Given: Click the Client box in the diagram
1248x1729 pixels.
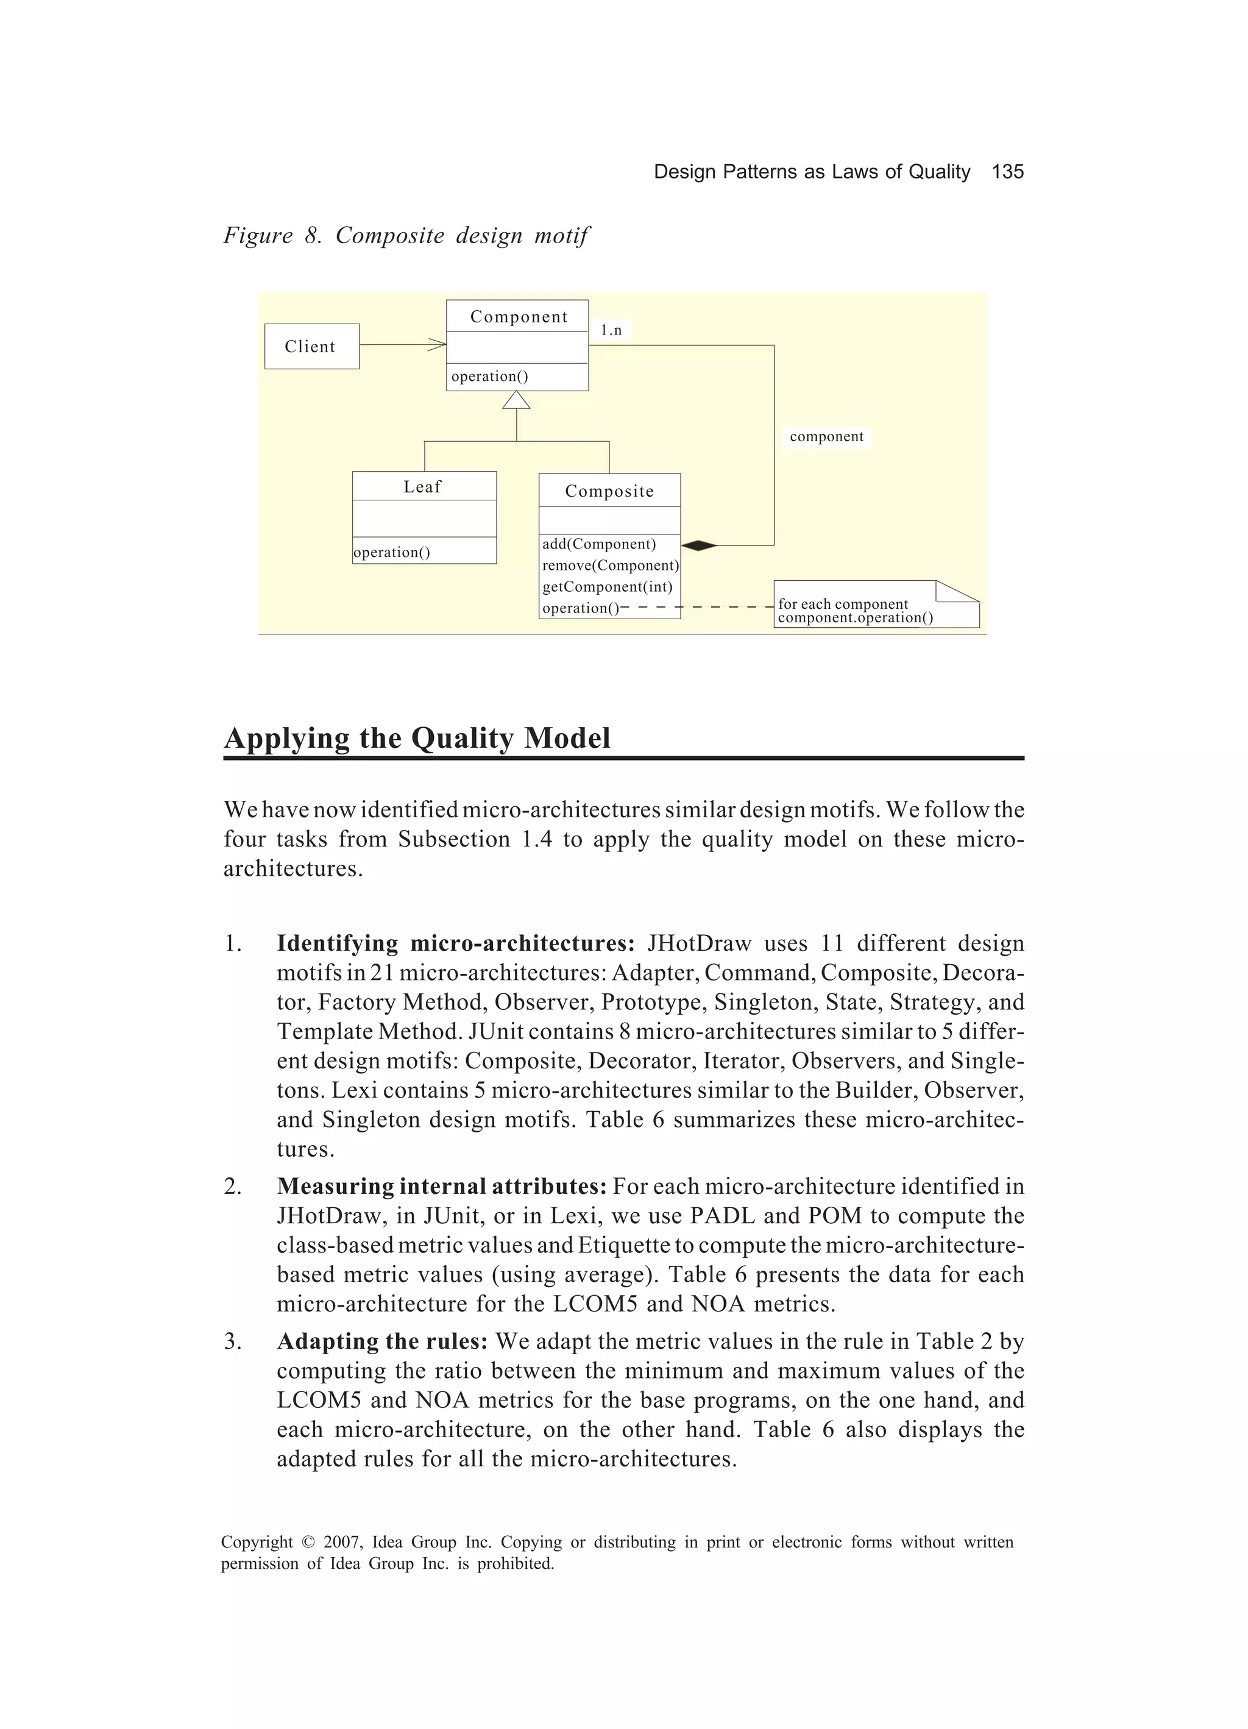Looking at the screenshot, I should coord(311,346).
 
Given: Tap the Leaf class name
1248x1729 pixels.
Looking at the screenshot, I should coord(422,486).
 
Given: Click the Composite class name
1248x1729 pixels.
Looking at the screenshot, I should coord(609,491).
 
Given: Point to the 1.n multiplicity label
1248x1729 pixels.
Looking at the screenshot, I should coord(611,330).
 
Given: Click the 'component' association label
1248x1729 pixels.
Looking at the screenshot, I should coord(826,437).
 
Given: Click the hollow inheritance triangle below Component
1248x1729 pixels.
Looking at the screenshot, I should coord(516,400).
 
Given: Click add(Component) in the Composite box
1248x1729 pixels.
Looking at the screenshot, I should coord(598,544).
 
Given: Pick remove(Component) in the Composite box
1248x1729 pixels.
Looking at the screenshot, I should coord(610,566).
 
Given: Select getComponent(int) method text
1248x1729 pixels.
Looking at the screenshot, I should coord(607,587).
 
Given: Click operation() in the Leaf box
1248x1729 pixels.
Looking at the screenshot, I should coord(392,552).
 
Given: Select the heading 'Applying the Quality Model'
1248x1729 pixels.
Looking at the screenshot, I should coord(417,737).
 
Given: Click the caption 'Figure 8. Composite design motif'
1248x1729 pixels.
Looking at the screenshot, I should coord(406,236).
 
